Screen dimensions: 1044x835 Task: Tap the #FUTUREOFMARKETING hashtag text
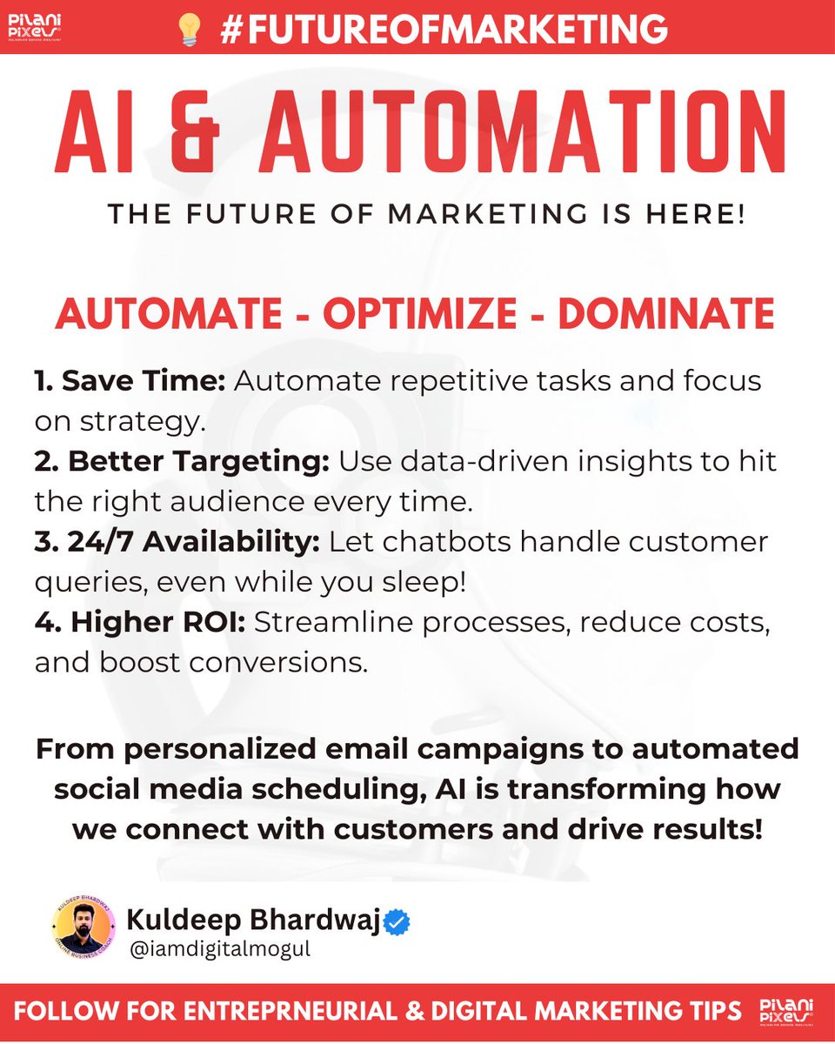(x=444, y=29)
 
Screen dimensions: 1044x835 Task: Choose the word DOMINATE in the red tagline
(x=666, y=313)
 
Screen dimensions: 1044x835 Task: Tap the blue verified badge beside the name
(x=397, y=920)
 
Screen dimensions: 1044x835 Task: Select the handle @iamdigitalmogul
(x=218, y=949)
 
